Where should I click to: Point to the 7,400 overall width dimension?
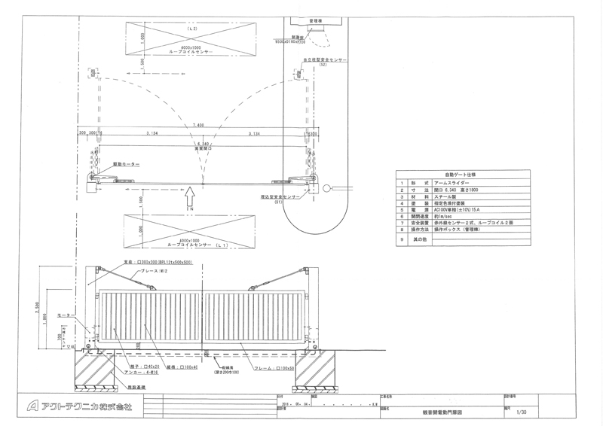click(x=198, y=125)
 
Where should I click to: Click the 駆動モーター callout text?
click(x=126, y=163)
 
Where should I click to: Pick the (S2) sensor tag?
click(x=322, y=65)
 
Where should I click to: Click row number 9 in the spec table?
click(x=403, y=239)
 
